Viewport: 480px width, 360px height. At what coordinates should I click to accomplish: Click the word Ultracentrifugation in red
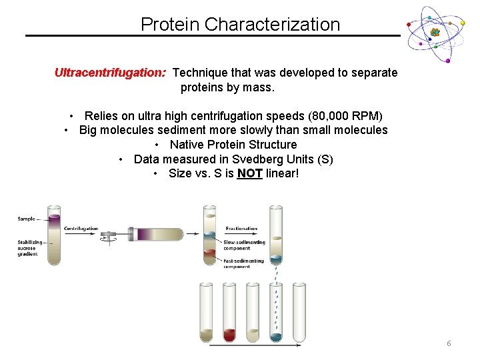point(110,73)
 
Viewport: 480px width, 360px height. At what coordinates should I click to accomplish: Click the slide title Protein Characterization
point(240,25)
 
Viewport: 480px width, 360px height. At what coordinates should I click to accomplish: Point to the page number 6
point(449,343)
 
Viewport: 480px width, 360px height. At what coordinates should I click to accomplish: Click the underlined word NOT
point(249,174)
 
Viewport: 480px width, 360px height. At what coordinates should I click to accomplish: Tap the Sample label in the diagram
point(27,218)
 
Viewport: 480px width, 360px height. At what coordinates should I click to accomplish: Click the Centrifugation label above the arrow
point(81,229)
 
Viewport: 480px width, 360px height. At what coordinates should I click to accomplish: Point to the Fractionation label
point(241,229)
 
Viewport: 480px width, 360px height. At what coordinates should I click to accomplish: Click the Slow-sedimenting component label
point(244,245)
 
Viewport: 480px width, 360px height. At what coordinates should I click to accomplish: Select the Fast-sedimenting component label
point(243,263)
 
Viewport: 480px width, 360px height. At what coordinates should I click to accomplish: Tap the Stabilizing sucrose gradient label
point(30,247)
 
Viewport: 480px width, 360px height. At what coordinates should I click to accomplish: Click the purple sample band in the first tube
point(54,219)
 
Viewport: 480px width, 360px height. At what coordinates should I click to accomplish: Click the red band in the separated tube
point(210,253)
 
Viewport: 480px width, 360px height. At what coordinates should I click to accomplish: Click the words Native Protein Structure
point(233,145)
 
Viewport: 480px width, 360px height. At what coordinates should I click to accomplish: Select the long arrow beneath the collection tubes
point(257,345)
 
